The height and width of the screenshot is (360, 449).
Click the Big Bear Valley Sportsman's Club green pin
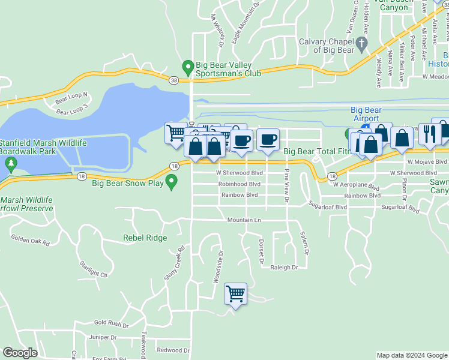(188, 66)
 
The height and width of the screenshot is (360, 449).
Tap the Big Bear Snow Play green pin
(172, 181)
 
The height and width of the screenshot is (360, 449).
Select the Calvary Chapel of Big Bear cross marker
(361, 43)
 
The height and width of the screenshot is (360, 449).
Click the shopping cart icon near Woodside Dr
(235, 294)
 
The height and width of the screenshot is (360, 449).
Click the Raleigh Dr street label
(284, 268)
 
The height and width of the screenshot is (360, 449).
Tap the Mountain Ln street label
(244, 220)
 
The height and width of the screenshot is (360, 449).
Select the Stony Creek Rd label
(173, 263)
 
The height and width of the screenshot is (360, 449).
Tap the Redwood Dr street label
(173, 350)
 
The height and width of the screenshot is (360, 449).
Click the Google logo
(20, 353)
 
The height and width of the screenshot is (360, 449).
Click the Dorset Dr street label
(261, 252)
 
